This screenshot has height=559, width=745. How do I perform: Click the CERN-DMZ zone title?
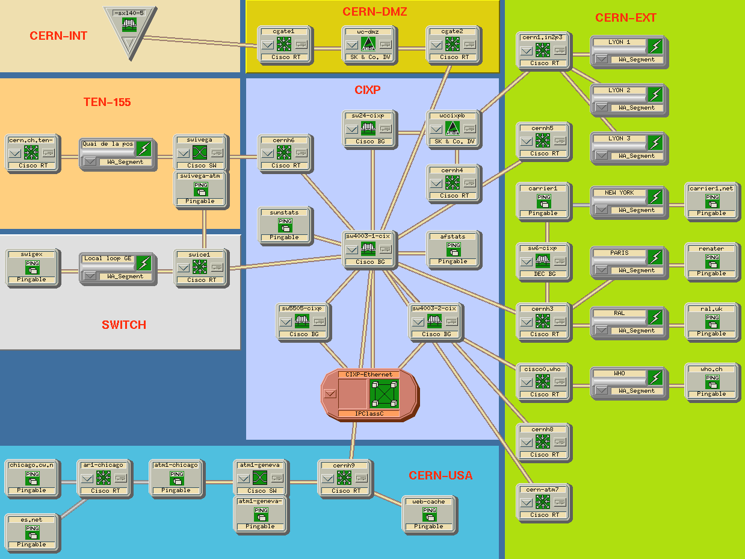point(375,12)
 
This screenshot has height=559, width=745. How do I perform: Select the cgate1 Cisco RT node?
point(283,43)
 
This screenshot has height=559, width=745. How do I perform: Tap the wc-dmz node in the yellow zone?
point(368,43)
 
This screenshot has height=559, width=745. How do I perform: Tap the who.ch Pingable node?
point(712,381)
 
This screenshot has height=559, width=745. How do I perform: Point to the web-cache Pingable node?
point(429,514)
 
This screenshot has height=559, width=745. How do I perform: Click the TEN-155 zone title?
point(107,102)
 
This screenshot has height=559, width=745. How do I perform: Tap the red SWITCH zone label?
point(124,325)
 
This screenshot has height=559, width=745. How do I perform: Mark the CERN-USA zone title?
point(441,476)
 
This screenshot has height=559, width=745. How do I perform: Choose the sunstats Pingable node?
point(285,225)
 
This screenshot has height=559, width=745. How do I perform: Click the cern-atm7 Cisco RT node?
point(542,502)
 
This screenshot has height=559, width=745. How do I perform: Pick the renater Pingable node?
point(712,261)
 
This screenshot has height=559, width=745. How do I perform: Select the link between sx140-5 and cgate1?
point(199,43)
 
